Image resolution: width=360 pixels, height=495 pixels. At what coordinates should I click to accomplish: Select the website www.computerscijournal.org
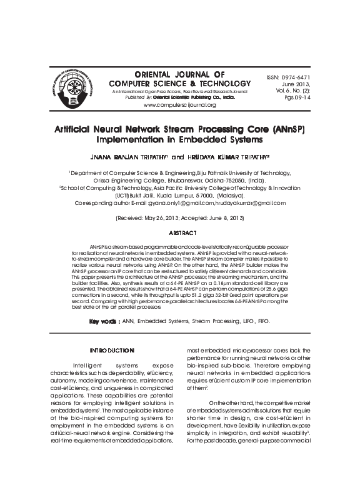pyautogui.click(x=179, y=104)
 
